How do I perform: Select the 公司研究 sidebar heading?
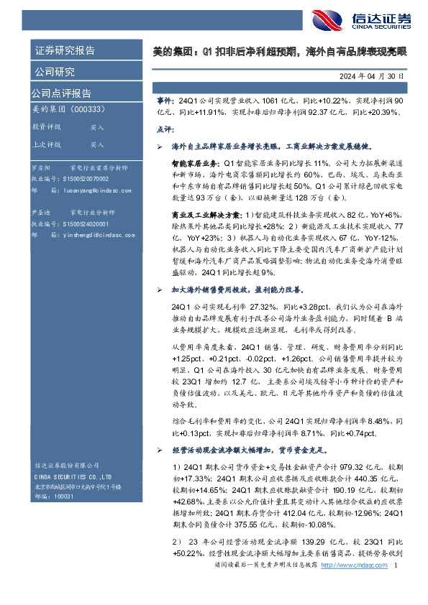pyautogui.click(x=54, y=72)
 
